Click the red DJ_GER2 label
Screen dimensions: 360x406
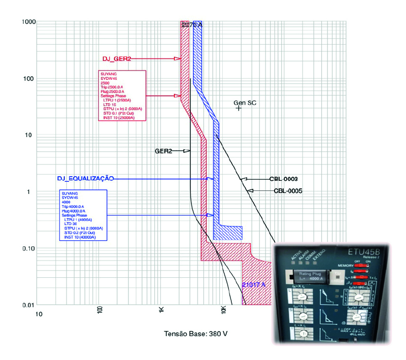117,59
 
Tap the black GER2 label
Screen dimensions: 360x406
164,151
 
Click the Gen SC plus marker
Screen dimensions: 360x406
239,108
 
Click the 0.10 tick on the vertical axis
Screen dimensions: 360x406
28,248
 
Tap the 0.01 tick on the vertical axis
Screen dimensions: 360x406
28,305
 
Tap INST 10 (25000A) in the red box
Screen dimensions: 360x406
119,117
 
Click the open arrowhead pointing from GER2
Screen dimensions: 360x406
186,151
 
